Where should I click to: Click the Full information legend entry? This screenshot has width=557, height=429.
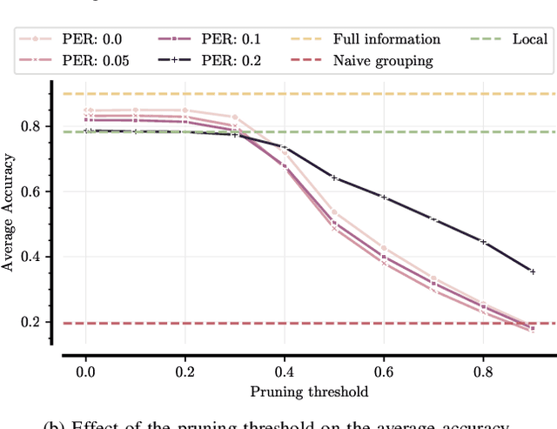(383, 39)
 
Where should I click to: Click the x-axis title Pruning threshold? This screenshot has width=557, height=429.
(309, 392)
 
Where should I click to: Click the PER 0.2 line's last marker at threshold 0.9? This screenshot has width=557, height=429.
(533, 271)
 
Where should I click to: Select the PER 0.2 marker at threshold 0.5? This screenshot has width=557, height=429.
(334, 178)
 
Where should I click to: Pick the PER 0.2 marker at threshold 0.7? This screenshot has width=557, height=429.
(433, 219)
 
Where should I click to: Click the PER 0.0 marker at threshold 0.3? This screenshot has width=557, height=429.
(235, 117)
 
